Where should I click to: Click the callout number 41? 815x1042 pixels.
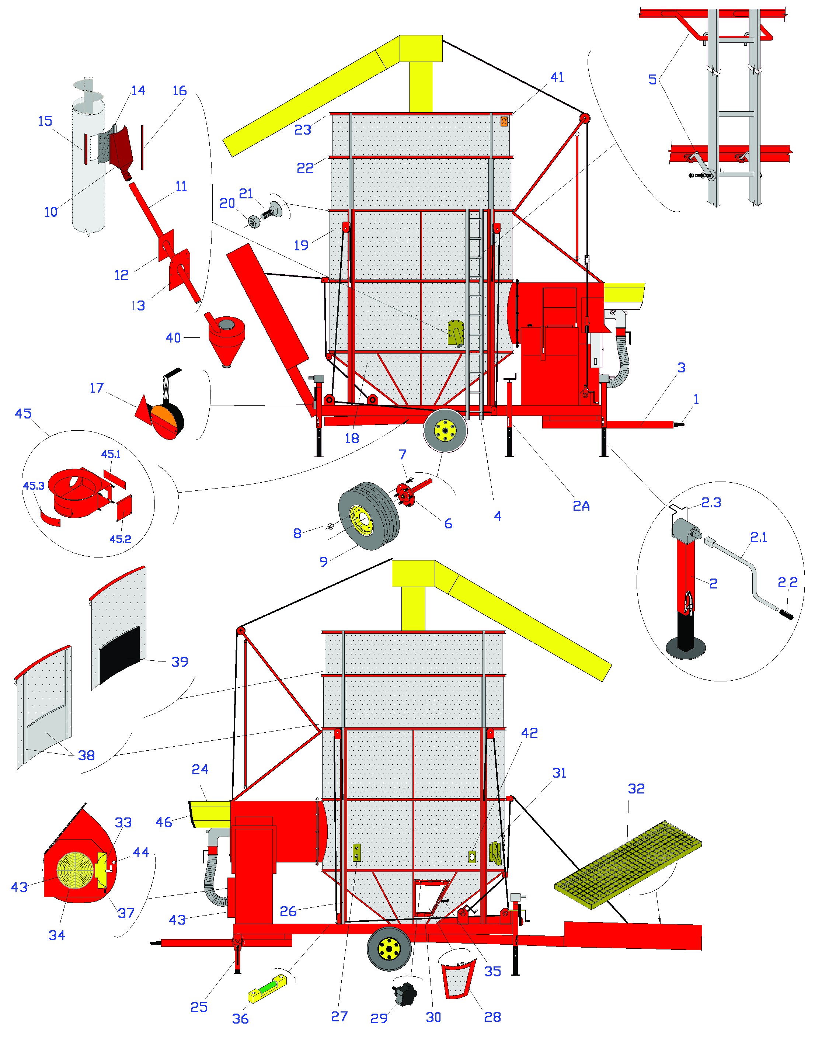pyautogui.click(x=557, y=77)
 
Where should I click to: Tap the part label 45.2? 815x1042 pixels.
pyautogui.click(x=120, y=539)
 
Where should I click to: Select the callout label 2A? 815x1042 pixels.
pyautogui.click(x=581, y=506)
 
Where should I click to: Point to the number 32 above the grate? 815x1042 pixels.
pyautogui.click(x=636, y=789)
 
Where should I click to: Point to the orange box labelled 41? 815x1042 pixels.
pyautogui.click(x=504, y=122)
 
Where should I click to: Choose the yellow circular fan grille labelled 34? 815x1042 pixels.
pyautogui.click(x=76, y=870)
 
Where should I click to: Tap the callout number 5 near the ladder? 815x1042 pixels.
pyautogui.click(x=652, y=80)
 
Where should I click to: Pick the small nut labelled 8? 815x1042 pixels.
pyautogui.click(x=329, y=527)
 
